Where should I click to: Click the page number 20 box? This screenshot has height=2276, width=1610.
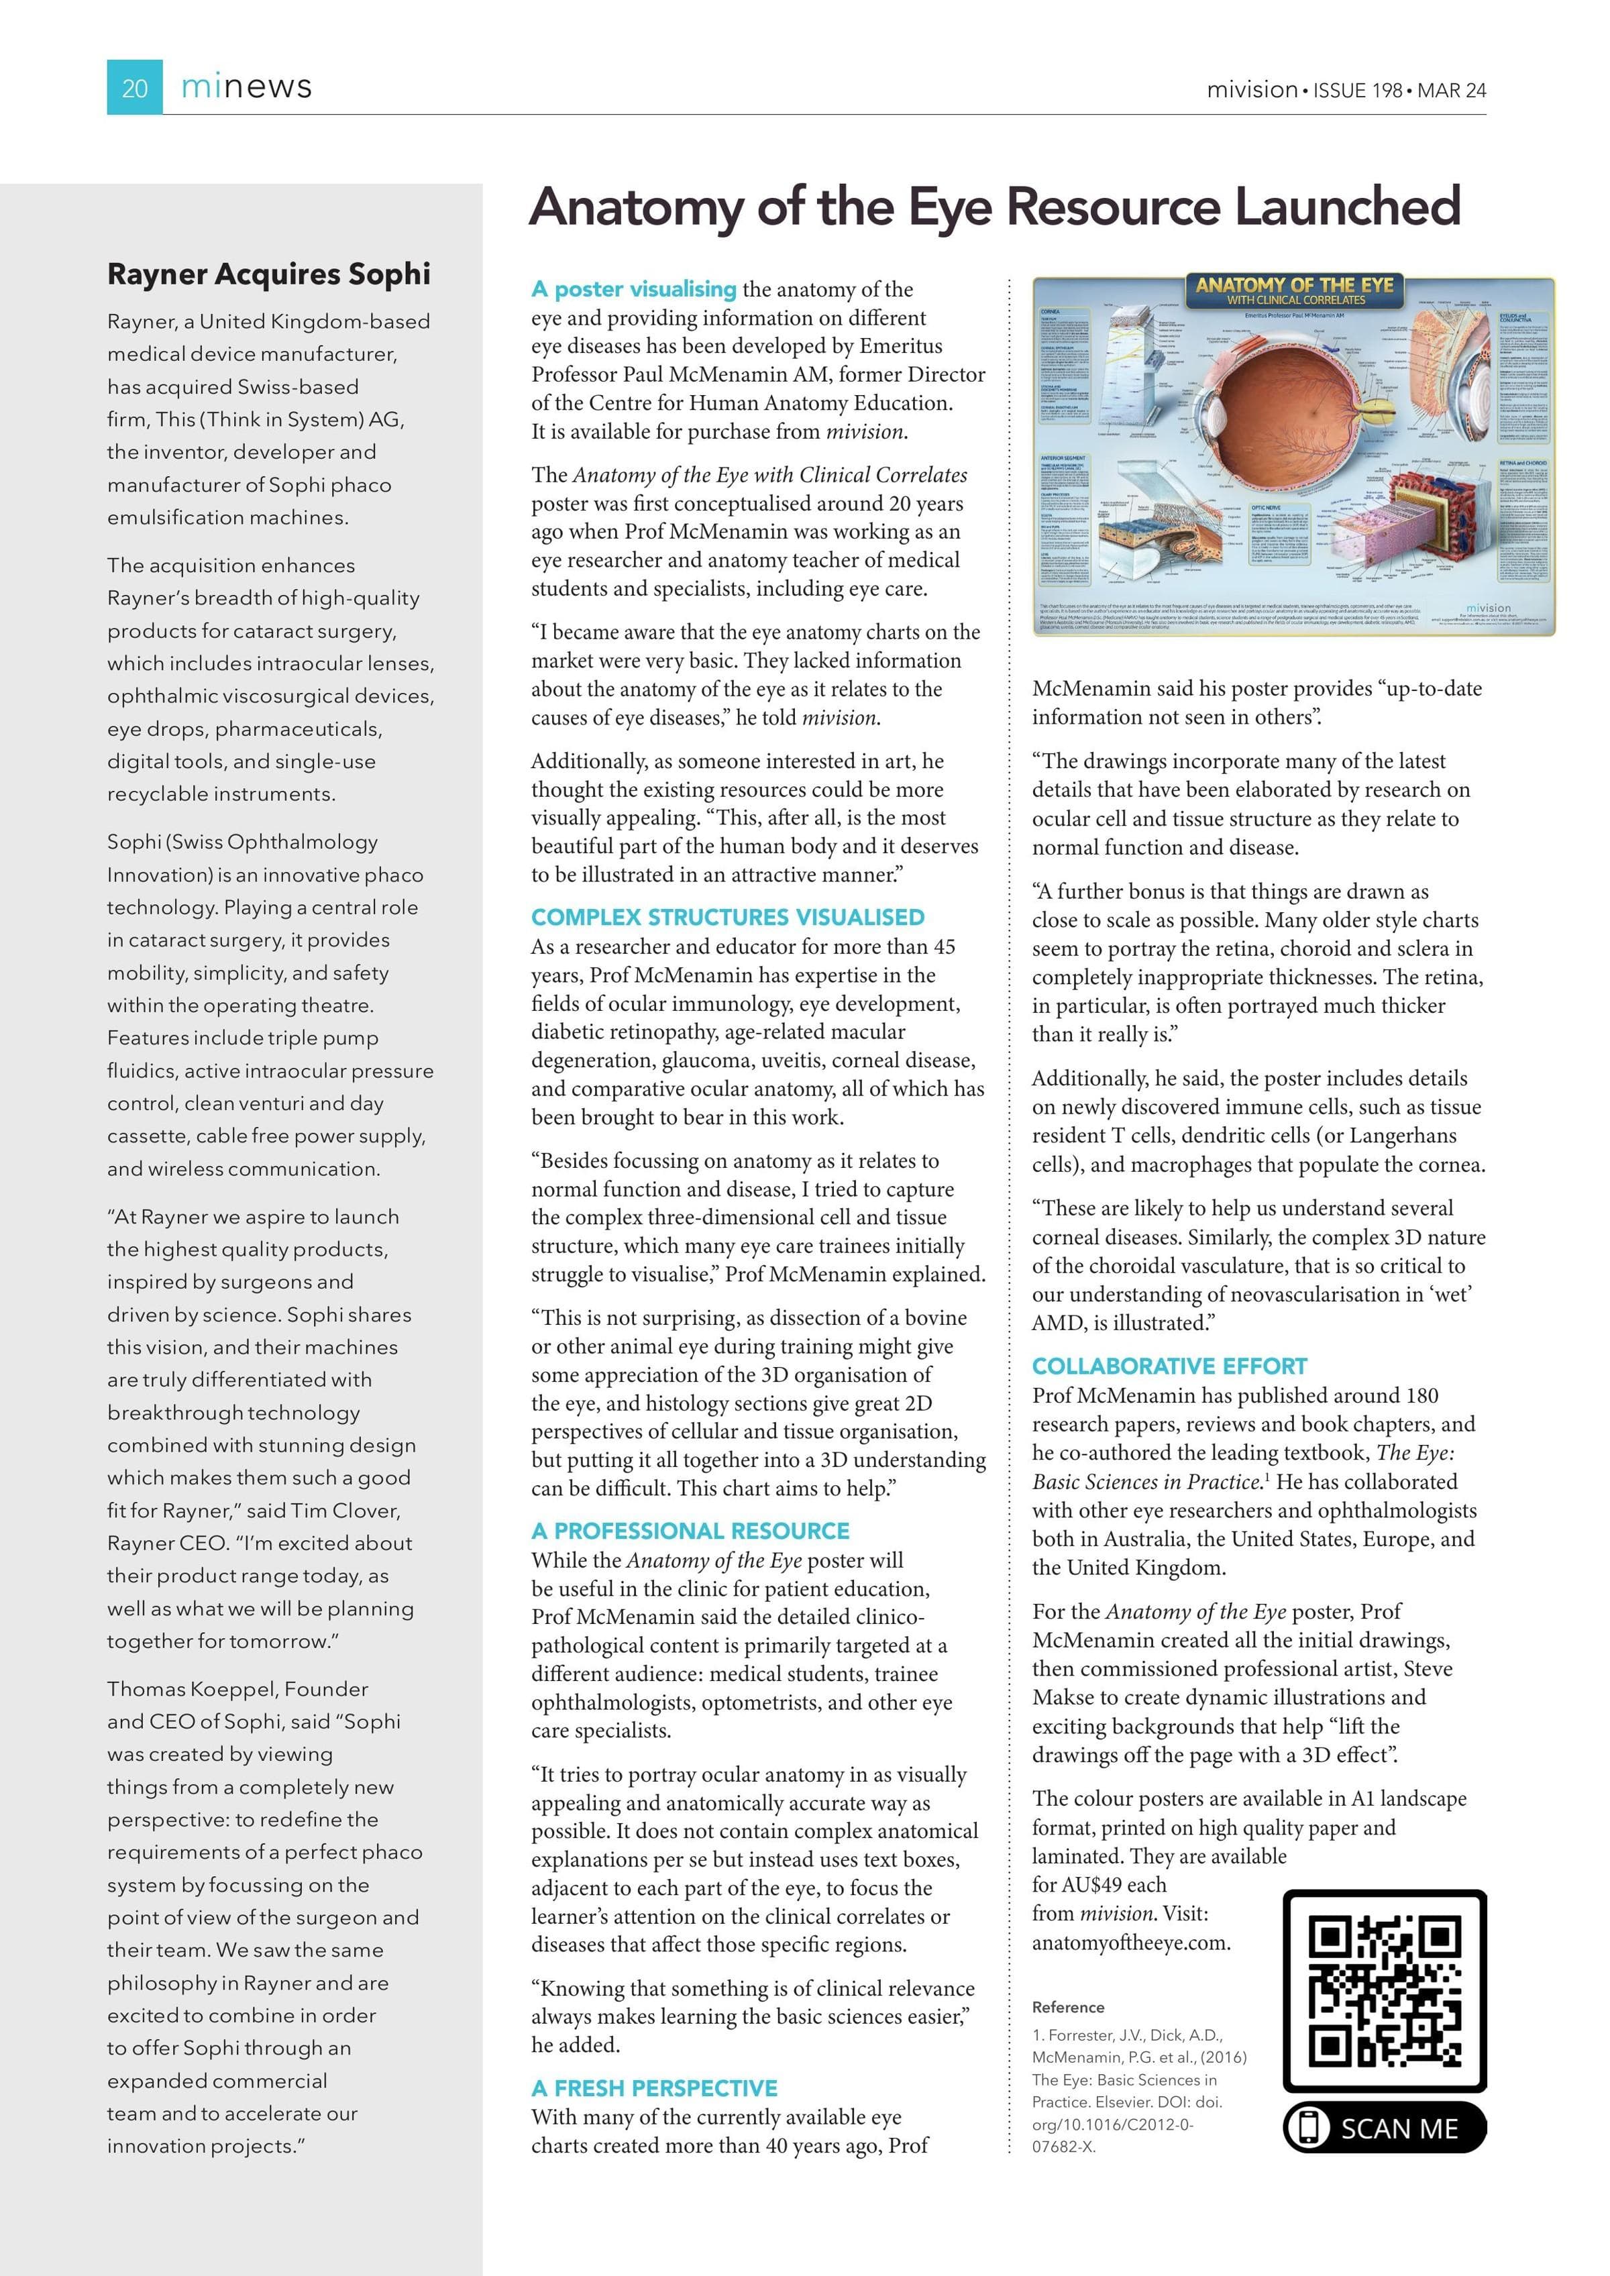[134, 87]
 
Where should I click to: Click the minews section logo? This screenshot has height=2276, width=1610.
[246, 87]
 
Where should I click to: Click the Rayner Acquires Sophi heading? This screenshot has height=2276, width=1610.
[268, 274]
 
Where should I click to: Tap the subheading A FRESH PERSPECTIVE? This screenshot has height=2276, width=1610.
[653, 2088]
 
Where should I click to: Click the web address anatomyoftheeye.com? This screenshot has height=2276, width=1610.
[1130, 1942]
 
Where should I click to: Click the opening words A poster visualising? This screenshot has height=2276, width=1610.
[633, 290]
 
